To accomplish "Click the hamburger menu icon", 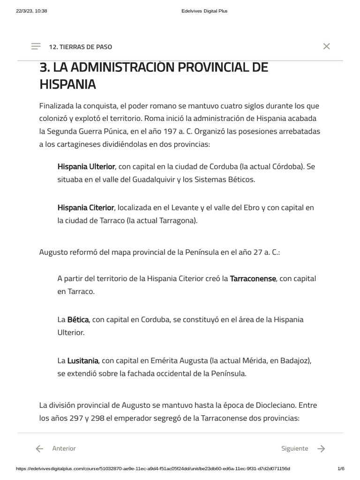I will coord(36,46).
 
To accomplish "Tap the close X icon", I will coord(327,46).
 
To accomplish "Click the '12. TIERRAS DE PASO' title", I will coord(80,47).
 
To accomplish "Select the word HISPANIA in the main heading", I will coord(67,84).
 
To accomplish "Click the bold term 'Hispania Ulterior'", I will coord(86,166).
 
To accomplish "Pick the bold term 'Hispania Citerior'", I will coord(86,207).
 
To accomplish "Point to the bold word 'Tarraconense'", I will coord(253,278).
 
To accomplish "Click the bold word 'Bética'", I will coord(78,320).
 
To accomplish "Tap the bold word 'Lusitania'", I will coord(82,360).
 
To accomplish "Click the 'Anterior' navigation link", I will coord(64,449).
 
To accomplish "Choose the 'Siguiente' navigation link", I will coord(294,449).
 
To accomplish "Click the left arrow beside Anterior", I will coord(40,449).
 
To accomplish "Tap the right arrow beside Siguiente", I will coord(321,449).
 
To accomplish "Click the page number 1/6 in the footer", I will coord(341,469).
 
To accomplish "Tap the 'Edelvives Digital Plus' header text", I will coord(204,11).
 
